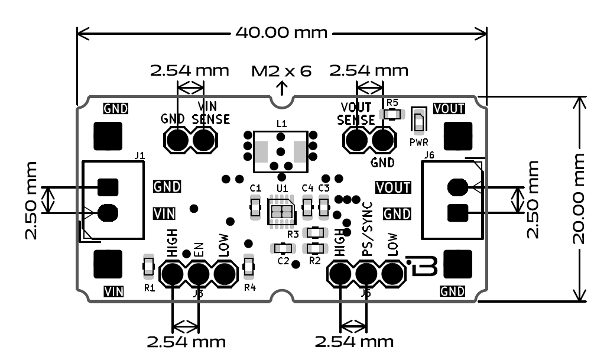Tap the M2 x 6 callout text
[281, 72]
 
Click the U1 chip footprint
[281, 213]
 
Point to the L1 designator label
[281, 124]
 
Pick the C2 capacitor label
[283, 261]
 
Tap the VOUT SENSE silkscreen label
[356, 113]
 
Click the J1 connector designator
[140, 156]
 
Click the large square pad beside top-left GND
[108, 136]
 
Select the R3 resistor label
[292, 235]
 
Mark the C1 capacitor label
[255, 188]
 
